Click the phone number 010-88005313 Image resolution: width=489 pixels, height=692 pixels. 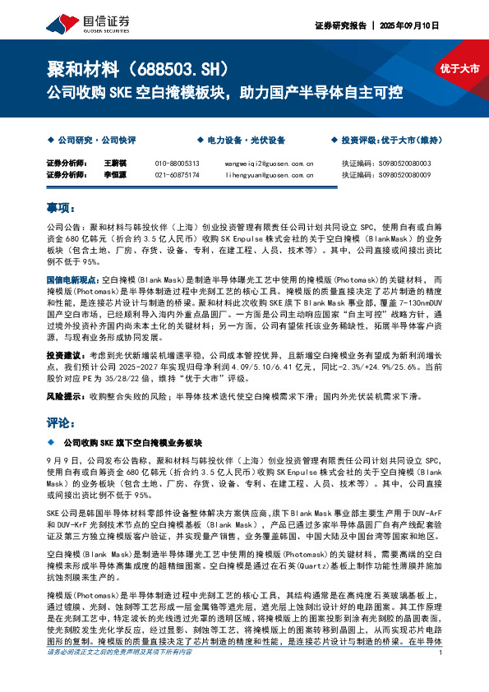pyautogui.click(x=177, y=164)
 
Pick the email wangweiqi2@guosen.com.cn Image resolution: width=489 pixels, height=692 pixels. pyautogui.click(x=269, y=164)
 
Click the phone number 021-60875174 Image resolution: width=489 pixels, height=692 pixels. pyautogui.click(x=177, y=175)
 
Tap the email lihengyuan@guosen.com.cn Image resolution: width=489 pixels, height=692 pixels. pyautogui.click(x=269, y=175)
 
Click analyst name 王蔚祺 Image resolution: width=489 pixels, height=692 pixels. pyautogui.click(x=113, y=164)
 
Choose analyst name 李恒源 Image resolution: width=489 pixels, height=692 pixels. pyautogui.click(x=113, y=175)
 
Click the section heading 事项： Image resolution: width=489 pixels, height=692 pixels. pyautogui.click(x=61, y=208)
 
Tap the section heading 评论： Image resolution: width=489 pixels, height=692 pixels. pyautogui.click(x=61, y=422)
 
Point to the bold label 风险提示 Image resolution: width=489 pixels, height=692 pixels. pyautogui.click(x=65, y=396)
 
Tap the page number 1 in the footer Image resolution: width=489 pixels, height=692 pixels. pyautogui.click(x=441, y=676)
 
